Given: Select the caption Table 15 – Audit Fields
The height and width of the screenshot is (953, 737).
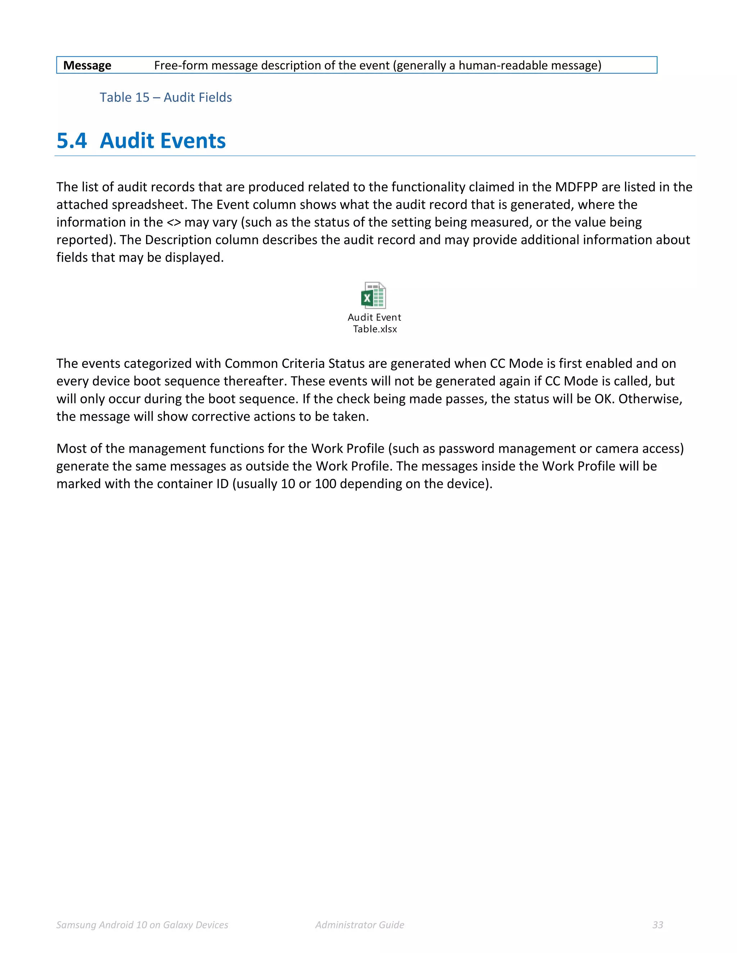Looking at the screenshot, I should coord(166,97).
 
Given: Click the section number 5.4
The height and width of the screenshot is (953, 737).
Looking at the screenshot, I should coord(72,141).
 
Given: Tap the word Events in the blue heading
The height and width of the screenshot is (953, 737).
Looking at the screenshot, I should coord(194,141).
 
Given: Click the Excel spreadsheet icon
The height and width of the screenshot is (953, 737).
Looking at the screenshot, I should coord(373,295).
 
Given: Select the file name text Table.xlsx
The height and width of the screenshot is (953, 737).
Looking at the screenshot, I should coord(375,329).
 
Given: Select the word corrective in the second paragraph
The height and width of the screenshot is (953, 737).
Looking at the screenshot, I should coord(221,417).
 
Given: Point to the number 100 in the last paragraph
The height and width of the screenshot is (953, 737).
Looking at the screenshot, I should coord(325,484).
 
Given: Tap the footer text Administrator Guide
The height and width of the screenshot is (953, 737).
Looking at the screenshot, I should coord(360,925).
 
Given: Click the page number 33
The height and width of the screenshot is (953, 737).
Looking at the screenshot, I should coord(657,925).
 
